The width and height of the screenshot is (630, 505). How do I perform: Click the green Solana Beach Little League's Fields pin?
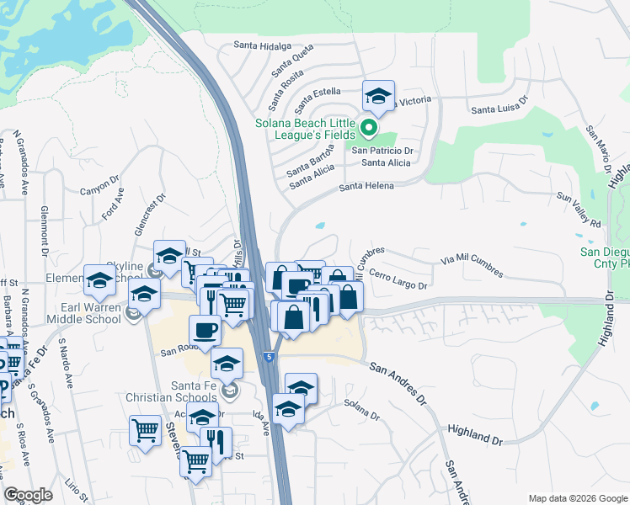tap(368, 129)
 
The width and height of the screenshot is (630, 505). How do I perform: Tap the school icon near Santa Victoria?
tap(378, 96)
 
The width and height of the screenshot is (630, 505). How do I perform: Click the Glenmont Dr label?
tap(43, 229)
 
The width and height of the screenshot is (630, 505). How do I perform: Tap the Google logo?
tap(29, 495)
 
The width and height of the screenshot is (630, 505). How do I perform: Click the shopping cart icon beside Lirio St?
tap(145, 430)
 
